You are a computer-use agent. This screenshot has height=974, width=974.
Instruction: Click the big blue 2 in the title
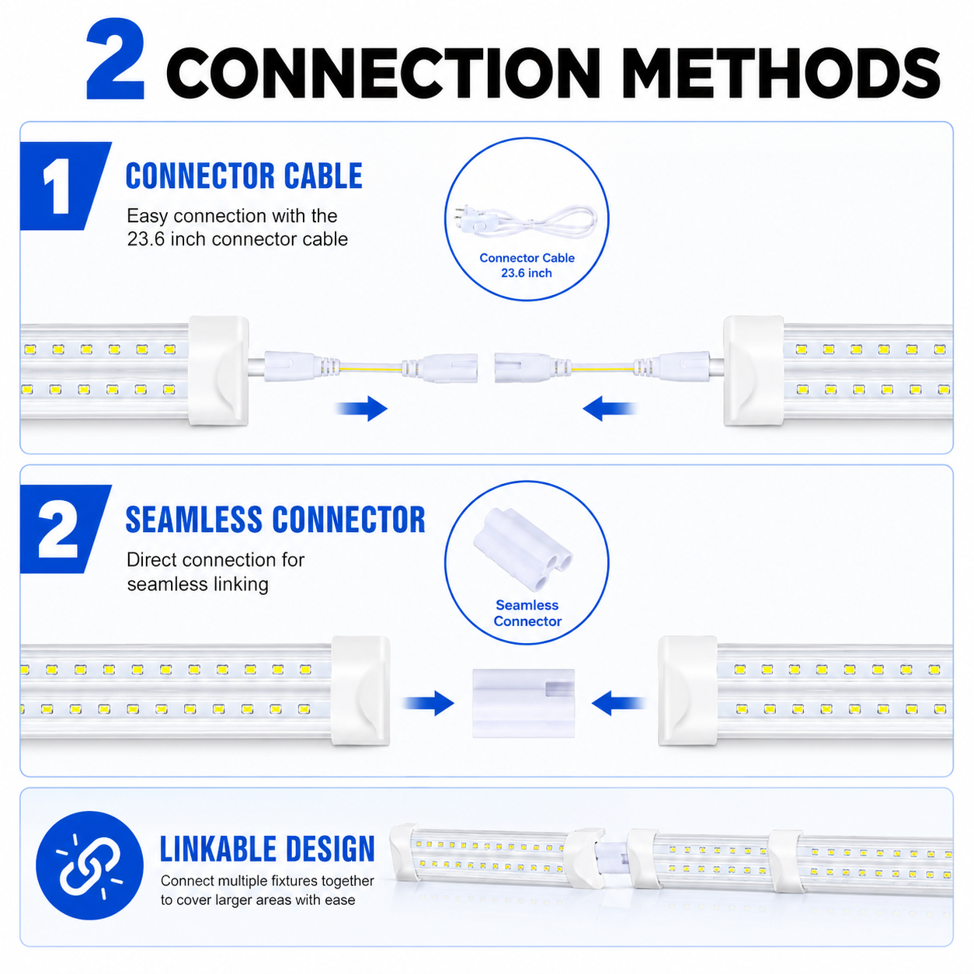pos(115,58)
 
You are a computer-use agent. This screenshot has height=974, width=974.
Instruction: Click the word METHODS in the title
pos(781,73)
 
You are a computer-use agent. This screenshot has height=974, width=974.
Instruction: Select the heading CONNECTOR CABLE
pos(244,176)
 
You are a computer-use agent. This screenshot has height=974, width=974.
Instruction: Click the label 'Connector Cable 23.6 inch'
pos(527,266)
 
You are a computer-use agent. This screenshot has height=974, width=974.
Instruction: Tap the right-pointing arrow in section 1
pos(361,408)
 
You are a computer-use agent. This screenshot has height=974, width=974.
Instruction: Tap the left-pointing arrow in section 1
pos(610,408)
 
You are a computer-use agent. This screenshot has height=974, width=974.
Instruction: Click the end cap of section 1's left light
pos(219,370)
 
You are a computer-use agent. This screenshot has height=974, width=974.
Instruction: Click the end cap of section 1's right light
pos(753,370)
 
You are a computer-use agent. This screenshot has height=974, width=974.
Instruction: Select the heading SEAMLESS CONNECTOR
pos(276,520)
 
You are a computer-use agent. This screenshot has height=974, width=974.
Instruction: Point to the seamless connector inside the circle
pos(524,549)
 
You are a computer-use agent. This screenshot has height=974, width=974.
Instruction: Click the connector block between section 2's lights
pos(524,703)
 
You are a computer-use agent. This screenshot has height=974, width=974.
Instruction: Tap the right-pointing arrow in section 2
pos(428,703)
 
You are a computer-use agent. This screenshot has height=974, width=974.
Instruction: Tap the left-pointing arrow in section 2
pos(619,703)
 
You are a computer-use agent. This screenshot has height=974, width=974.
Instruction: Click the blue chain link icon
pos(89,864)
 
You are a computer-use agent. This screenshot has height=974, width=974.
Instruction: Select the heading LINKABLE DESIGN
pos(267,849)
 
